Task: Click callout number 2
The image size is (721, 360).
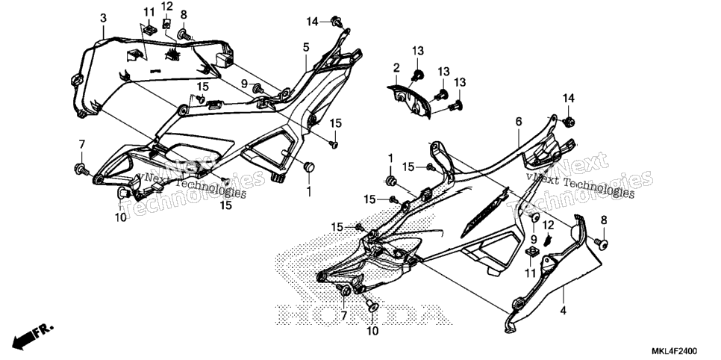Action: pyautogui.click(x=396, y=68)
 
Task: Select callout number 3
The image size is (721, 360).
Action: pyautogui.click(x=104, y=18)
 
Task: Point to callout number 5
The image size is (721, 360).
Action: pyautogui.click(x=306, y=46)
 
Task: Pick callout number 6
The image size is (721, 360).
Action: pyautogui.click(x=519, y=122)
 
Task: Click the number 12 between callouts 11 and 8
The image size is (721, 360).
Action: pyautogui.click(x=167, y=6)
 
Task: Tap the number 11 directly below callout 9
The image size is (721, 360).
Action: pyautogui.click(x=531, y=273)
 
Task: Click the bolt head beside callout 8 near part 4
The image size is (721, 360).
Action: pyautogui.click(x=601, y=243)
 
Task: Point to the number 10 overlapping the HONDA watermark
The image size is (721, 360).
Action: pyautogui.click(x=373, y=331)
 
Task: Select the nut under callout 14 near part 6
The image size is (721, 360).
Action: pyautogui.click(x=568, y=122)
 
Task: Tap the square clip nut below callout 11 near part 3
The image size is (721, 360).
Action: pyautogui.click(x=148, y=31)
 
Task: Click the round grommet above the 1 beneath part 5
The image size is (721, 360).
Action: pyautogui.click(x=308, y=167)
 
